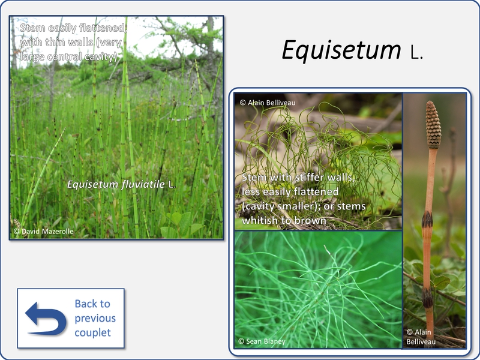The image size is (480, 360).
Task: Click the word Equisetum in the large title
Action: pyautogui.click(x=341, y=50)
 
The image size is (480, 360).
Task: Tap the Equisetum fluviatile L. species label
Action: pyautogui.click(x=122, y=184)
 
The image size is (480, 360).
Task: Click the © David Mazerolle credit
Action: pyautogui.click(x=43, y=232)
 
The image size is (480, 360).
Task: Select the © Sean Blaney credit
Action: pyautogui.click(x=262, y=341)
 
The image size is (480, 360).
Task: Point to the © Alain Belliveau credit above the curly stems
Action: pyautogui.click(x=268, y=103)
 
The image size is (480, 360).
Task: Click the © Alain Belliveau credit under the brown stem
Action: pyautogui.click(x=421, y=337)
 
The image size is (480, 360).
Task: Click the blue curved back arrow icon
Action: pyautogui.click(x=46, y=319)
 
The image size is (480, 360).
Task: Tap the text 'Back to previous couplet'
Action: pyautogui.click(x=95, y=318)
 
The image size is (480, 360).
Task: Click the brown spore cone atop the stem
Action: pyautogui.click(x=433, y=125)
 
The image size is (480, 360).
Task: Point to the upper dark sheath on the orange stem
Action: pyautogui.click(x=427, y=220)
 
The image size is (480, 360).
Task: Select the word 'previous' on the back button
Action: pyautogui.click(x=95, y=319)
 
